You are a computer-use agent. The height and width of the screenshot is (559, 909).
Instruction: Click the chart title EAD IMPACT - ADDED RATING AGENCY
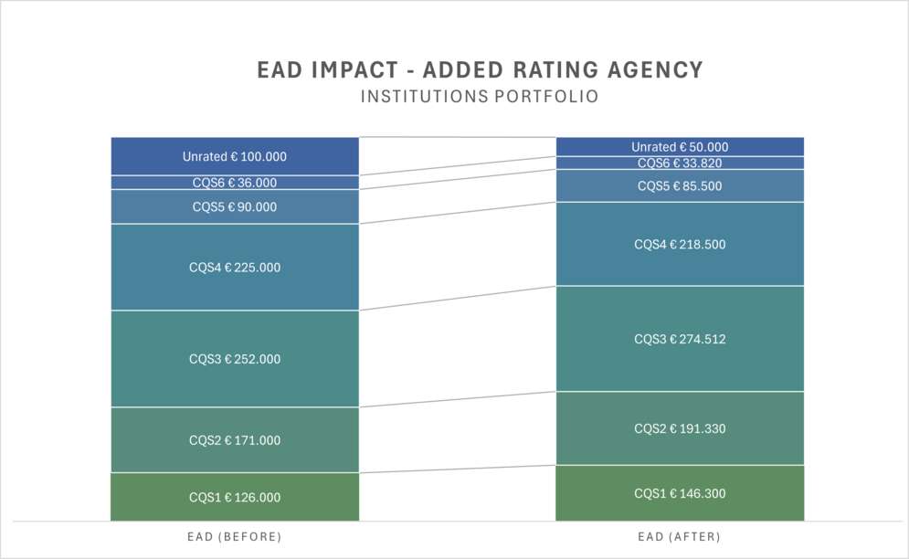point(480,70)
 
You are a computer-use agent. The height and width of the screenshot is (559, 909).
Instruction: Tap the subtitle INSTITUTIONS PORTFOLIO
point(480,96)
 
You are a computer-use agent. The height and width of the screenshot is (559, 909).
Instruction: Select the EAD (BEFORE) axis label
point(235,536)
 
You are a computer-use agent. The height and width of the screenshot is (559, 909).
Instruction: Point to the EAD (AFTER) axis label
point(680,536)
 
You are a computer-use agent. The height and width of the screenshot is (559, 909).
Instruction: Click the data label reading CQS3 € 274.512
point(680,339)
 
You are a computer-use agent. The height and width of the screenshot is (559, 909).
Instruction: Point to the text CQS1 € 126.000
point(235,498)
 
